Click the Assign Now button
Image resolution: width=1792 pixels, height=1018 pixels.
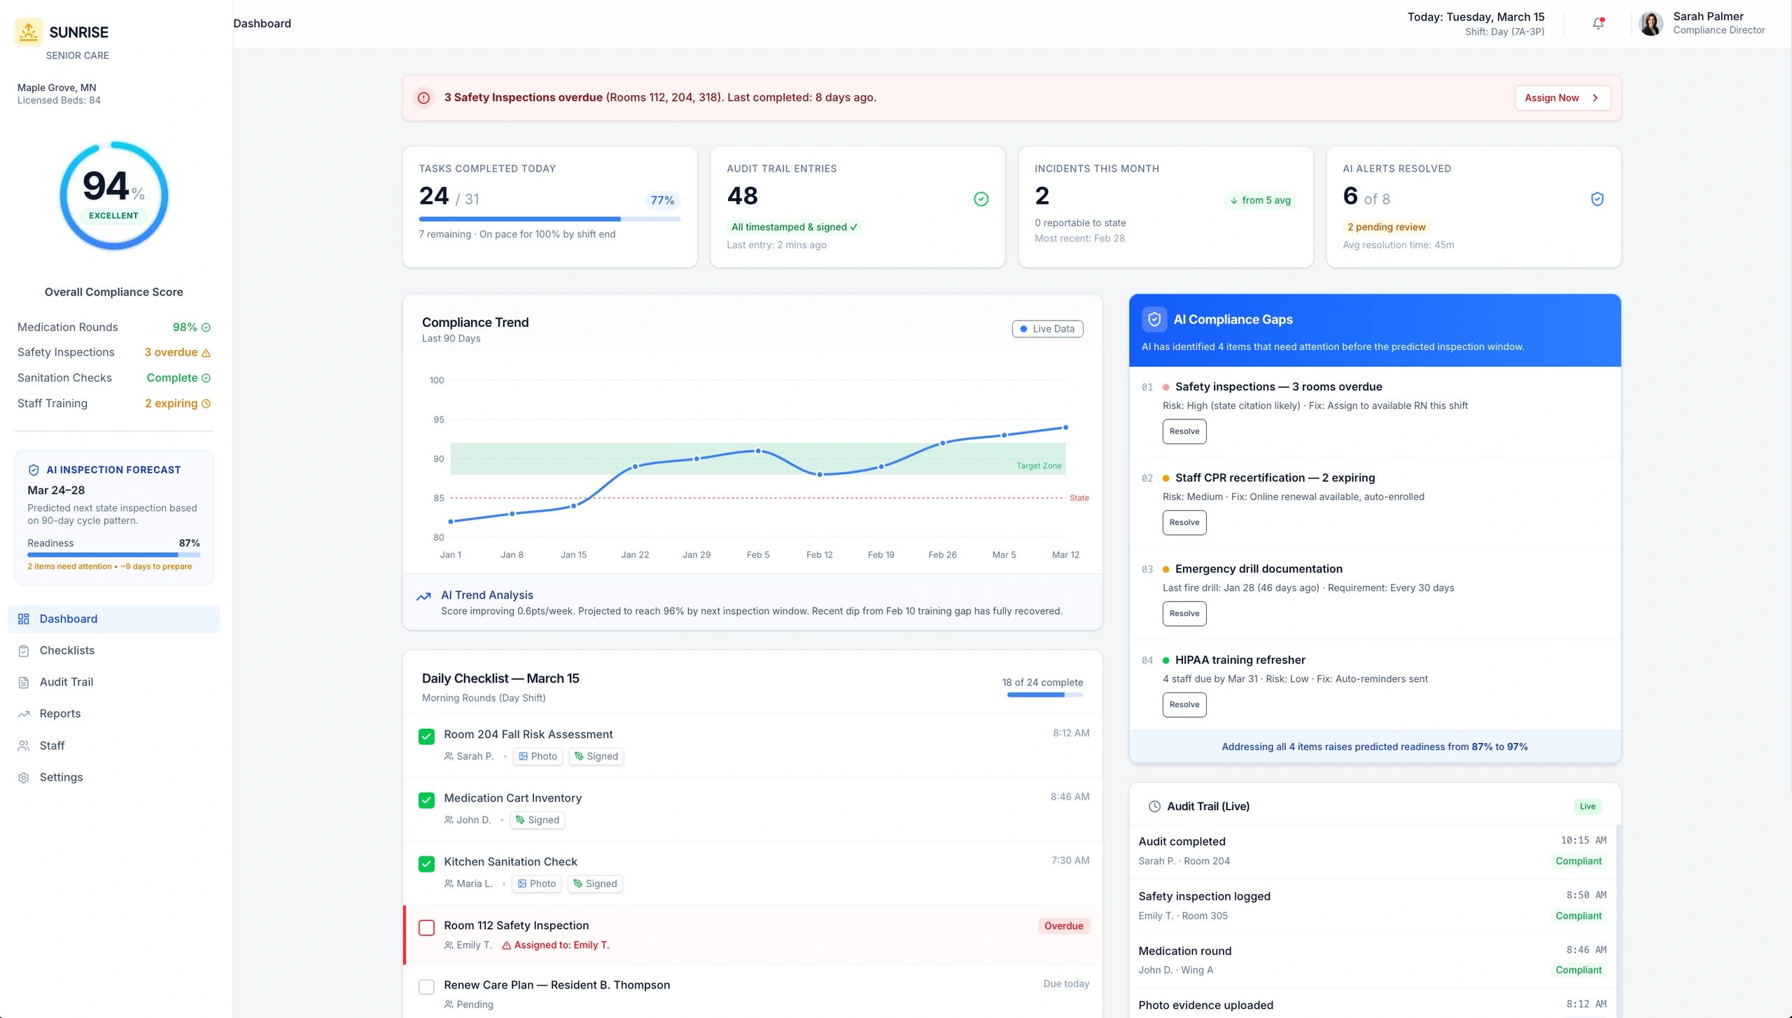click(1562, 98)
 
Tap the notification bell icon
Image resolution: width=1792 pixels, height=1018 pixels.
click(1598, 24)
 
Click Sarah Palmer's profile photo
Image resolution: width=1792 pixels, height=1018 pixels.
click(1651, 24)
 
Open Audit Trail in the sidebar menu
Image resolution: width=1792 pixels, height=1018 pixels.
click(66, 682)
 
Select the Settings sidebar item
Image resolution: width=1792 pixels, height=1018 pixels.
click(61, 777)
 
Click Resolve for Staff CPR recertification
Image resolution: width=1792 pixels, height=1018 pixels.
click(1184, 522)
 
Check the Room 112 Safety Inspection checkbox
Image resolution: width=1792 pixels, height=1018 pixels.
click(426, 928)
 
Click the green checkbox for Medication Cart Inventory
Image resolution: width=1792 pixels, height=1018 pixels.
click(426, 800)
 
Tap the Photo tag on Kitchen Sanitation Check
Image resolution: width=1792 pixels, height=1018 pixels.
click(537, 884)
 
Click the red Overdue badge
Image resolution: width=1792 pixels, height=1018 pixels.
click(1063, 926)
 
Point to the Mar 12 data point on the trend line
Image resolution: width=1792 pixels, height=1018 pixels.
click(1065, 427)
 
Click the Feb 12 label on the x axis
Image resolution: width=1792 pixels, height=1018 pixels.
click(819, 555)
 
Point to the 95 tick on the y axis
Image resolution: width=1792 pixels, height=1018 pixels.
click(439, 419)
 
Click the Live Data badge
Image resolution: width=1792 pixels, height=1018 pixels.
click(1047, 329)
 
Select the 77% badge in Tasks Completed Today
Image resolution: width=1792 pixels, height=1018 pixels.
click(661, 200)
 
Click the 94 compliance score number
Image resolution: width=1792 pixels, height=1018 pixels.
click(106, 186)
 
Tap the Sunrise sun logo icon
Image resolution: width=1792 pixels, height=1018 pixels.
click(29, 32)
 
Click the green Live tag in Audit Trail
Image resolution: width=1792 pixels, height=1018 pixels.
click(1587, 807)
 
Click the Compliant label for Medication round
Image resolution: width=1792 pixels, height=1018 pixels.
click(1578, 970)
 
